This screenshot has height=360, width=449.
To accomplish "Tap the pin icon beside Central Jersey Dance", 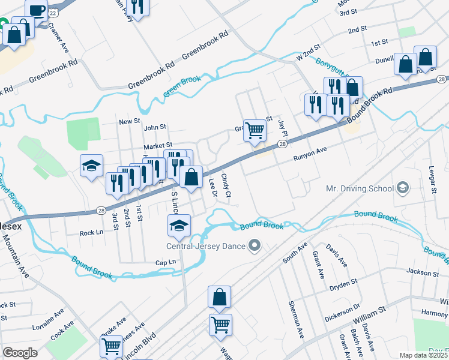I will click(x=256, y=245).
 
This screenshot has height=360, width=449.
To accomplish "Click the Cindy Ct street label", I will click(x=226, y=185).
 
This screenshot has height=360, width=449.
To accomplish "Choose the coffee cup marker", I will click(x=37, y=11).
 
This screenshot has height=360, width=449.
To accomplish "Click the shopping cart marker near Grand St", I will click(x=255, y=130).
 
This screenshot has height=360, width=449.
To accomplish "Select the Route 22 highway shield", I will click(x=53, y=13).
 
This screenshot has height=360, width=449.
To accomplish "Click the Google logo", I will click(x=20, y=352).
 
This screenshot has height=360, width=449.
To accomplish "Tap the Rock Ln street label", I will click(x=91, y=233).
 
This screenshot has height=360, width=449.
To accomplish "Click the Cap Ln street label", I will click(x=165, y=262).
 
